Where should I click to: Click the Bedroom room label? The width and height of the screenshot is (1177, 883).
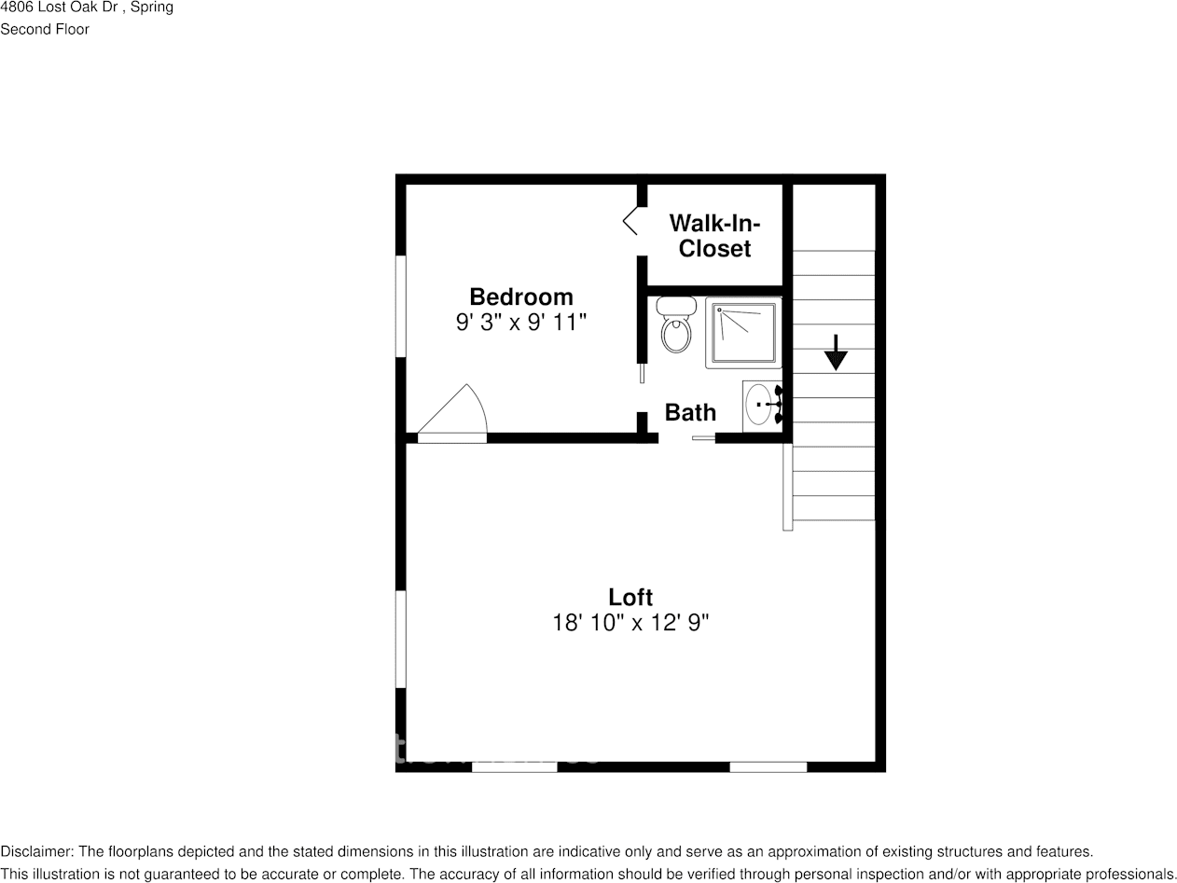tap(520, 297)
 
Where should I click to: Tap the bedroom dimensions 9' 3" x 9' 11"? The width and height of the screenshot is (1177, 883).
tap(520, 323)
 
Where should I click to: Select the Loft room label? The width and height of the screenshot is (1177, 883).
tap(630, 597)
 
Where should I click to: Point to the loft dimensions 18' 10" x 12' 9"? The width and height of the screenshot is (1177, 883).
tap(630, 623)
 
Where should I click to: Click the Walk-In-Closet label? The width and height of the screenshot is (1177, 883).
tap(714, 236)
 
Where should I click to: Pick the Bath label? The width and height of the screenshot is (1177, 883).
tap(690, 412)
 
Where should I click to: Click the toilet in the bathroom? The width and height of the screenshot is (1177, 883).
tap(676, 324)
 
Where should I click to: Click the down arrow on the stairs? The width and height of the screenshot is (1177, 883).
tap(836, 352)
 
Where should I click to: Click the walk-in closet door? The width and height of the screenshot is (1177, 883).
tap(631, 222)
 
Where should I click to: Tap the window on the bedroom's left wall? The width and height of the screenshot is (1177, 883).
tap(401, 306)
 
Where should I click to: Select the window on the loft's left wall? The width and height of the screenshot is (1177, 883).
tap(401, 639)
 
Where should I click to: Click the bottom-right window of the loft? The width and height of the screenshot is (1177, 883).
tap(768, 766)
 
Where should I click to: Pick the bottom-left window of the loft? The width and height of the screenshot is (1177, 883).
tap(514, 766)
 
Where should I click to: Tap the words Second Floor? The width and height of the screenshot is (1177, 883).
tap(45, 29)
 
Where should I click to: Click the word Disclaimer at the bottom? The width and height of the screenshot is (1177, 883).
tap(35, 851)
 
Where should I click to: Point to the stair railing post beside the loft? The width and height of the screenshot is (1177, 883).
tap(787, 487)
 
